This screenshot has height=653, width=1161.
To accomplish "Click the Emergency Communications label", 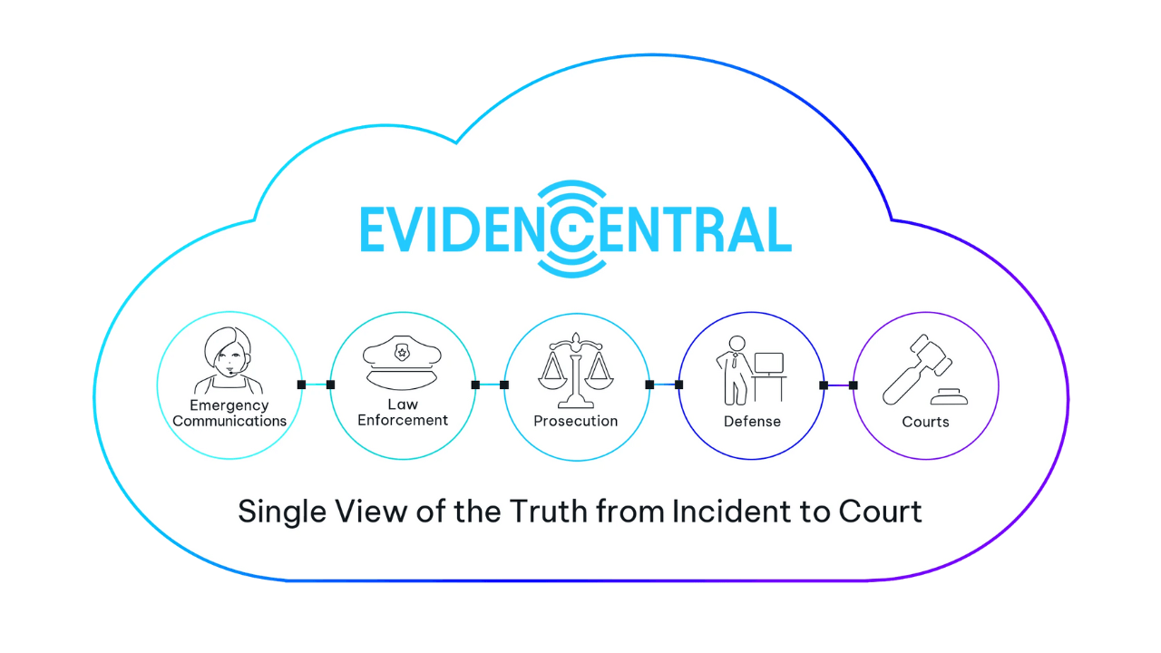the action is [x=229, y=413].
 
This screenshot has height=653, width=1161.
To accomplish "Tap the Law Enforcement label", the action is [x=403, y=412].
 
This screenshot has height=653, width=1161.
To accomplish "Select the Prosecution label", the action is [x=576, y=421].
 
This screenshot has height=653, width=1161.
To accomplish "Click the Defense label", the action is [x=752, y=422].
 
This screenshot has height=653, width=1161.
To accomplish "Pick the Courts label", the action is [x=926, y=422].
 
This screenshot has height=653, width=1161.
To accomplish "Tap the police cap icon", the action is [x=402, y=363].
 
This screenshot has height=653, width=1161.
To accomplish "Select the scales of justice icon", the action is [x=576, y=371].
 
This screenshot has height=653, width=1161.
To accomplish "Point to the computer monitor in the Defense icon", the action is [x=768, y=364].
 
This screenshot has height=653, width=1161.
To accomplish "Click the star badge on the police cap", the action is [x=402, y=353].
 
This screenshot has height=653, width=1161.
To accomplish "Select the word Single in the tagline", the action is [x=282, y=513].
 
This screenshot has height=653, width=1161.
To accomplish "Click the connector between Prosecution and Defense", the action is [x=664, y=385].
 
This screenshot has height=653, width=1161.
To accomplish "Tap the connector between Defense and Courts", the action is [x=838, y=385].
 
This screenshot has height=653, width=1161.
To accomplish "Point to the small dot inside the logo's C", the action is [x=572, y=228].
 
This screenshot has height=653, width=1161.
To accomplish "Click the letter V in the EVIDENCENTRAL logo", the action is [x=409, y=229].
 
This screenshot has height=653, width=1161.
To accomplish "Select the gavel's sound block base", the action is [x=949, y=397].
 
